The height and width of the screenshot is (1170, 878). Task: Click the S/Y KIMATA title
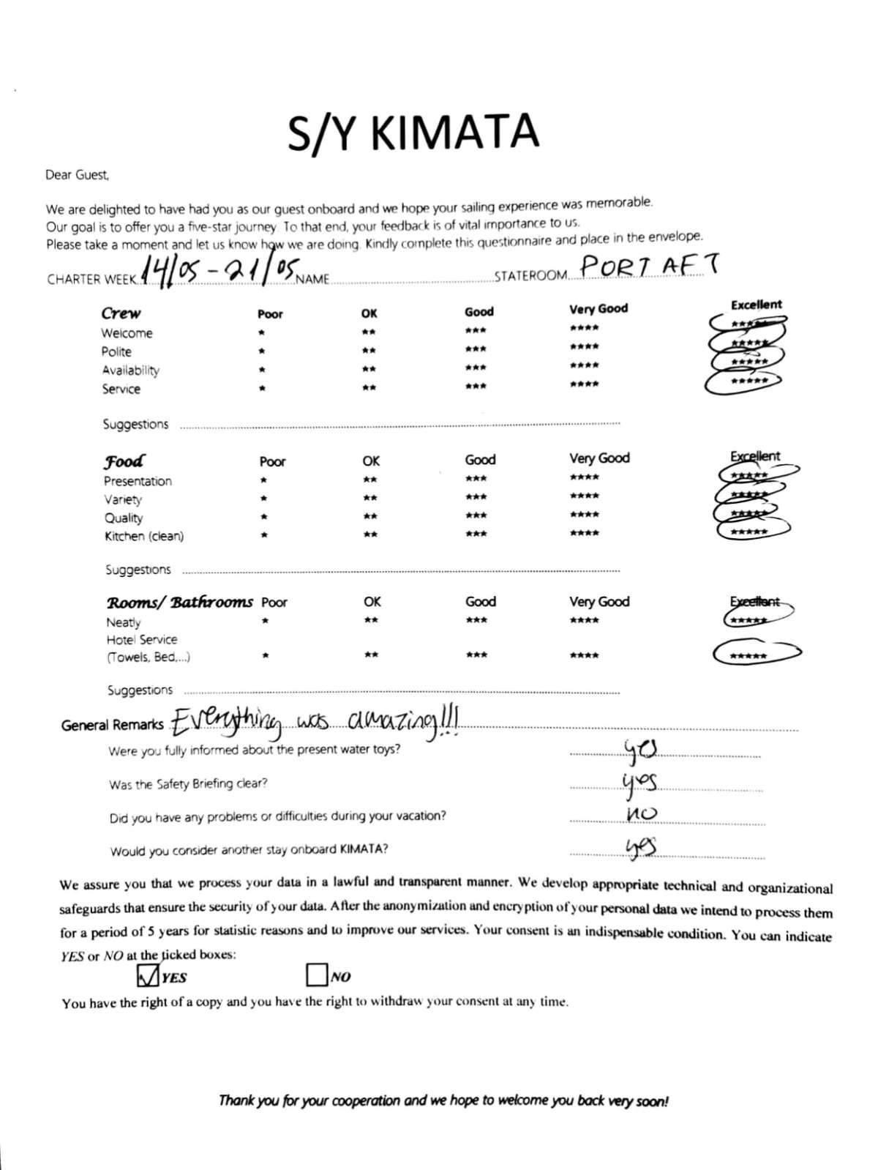413,132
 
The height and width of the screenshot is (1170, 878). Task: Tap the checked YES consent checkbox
148,975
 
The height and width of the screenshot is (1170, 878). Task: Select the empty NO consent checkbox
316,975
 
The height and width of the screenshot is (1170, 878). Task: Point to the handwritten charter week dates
217,272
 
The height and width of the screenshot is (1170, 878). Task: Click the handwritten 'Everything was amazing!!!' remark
315,722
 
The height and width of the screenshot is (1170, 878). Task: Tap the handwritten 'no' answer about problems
642,813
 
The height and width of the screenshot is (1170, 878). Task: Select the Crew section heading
121,313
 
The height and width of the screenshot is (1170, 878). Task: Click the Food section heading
124,461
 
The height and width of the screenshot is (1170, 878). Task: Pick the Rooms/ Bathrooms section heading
180,603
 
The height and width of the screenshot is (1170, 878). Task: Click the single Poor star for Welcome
261,333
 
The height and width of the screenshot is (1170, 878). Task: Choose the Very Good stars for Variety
584,496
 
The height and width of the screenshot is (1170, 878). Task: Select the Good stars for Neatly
476,621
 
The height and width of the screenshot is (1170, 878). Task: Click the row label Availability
130,370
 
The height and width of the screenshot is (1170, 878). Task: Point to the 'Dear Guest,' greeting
77,175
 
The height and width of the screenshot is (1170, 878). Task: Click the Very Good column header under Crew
599,309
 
